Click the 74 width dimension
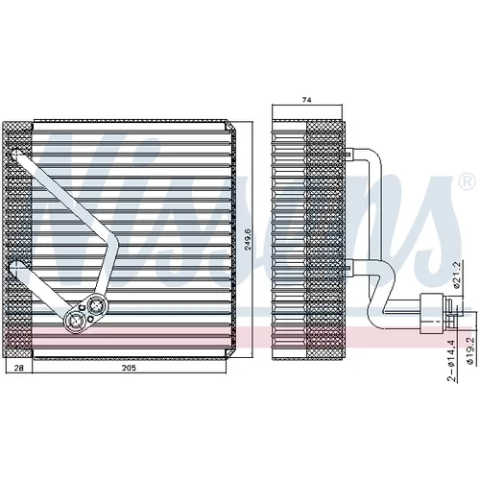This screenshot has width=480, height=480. click(x=306, y=100)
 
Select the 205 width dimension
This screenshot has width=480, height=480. click(x=129, y=368)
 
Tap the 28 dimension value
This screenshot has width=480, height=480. click(x=19, y=368)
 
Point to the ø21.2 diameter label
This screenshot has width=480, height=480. click(x=457, y=275)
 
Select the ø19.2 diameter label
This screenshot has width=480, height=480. click(x=469, y=351)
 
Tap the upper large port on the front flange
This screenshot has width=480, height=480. click(x=96, y=305)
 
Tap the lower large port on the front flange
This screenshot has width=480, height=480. click(x=75, y=321)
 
